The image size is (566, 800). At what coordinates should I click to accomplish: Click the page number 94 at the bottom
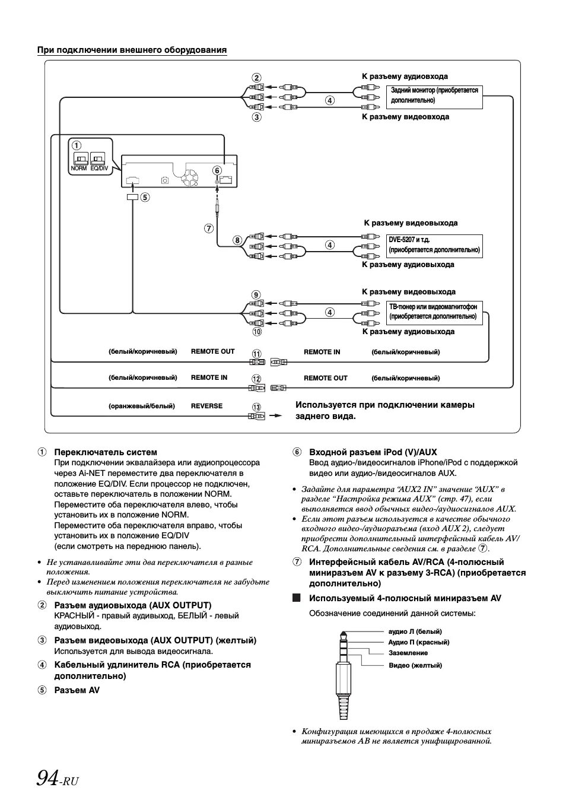[x=47, y=776]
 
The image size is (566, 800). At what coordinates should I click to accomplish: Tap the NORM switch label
[x=80, y=169]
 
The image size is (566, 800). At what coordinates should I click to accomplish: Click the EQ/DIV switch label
[x=99, y=169]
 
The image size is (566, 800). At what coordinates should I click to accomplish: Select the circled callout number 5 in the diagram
[x=144, y=198]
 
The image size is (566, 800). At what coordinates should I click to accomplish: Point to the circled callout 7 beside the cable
[x=208, y=228]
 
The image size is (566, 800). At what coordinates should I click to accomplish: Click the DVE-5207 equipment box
[x=434, y=245]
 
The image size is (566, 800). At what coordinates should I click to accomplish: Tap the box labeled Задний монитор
[x=434, y=96]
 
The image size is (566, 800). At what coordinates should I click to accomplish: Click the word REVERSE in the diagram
[x=206, y=406]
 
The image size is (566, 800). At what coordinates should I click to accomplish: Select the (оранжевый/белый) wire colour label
[x=141, y=406]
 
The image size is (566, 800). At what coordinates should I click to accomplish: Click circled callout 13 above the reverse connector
[x=256, y=407]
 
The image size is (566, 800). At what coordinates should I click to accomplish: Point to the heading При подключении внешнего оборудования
[x=132, y=50]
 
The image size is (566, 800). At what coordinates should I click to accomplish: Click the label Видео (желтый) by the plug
[x=415, y=665]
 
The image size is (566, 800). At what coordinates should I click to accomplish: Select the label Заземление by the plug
[x=408, y=653]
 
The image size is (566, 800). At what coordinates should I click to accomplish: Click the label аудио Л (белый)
[x=415, y=631]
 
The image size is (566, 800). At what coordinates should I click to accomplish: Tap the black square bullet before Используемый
[x=297, y=598]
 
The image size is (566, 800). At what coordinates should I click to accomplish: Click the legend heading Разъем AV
[x=77, y=690]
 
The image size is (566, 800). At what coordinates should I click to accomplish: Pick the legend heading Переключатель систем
[x=106, y=452]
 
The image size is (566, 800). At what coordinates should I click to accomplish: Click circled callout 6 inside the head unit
[x=217, y=171]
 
